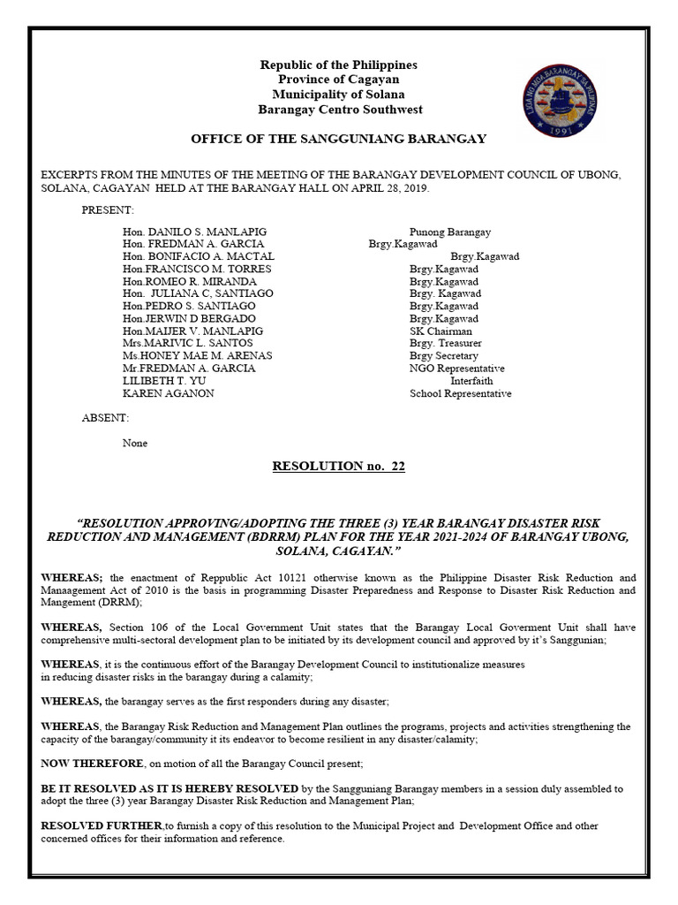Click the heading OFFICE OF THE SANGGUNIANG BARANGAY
coord(339,140)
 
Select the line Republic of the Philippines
coord(339,65)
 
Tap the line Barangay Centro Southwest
coord(339,110)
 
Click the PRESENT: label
coord(108,210)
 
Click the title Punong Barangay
coord(449,232)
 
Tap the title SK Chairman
coord(441,331)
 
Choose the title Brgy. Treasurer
coord(446,343)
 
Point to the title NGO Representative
coord(456,368)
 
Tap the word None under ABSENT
coord(135,443)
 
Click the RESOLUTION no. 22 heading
coord(339,467)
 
